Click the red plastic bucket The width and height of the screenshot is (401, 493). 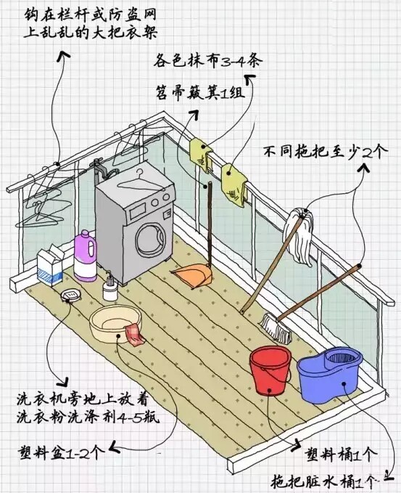coord(270,370)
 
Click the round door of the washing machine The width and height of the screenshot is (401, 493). coord(150,239)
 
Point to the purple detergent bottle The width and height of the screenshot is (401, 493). coord(85,256)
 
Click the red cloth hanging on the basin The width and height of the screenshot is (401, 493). coord(135,335)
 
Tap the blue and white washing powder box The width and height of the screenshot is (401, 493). coord(50,266)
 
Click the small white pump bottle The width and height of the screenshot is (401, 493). coord(110,287)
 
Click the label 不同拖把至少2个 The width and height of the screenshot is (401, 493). coord(326,152)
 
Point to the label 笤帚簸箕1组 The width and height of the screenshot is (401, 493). coord(200,92)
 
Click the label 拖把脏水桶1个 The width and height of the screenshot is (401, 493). coord(323,481)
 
